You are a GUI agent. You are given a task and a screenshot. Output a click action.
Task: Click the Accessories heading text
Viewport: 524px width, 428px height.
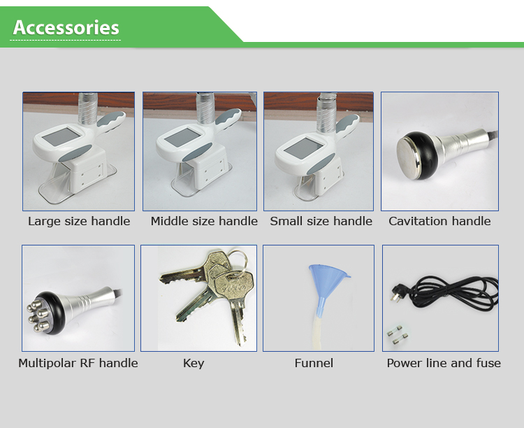66,27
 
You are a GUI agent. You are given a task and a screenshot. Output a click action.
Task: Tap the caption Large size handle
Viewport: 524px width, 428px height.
79,221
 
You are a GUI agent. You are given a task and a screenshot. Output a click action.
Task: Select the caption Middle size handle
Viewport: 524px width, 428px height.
204,221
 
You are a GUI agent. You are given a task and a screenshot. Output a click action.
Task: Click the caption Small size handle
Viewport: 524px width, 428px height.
321,221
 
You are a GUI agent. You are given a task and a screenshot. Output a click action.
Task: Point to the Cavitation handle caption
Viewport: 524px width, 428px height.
439,221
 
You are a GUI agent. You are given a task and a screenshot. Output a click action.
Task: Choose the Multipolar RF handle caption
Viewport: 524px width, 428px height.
78,363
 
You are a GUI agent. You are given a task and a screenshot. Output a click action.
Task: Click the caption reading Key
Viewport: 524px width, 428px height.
194,364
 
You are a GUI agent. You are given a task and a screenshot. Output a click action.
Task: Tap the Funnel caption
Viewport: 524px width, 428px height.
314,363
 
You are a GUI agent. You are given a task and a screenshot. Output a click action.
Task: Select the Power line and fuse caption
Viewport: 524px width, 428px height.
444,363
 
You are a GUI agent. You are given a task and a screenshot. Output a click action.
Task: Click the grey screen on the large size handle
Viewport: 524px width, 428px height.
61,136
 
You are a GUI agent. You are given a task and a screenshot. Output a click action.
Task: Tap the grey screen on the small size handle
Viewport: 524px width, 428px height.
304,148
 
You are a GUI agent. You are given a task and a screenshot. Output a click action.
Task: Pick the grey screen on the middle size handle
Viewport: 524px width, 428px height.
183,137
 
